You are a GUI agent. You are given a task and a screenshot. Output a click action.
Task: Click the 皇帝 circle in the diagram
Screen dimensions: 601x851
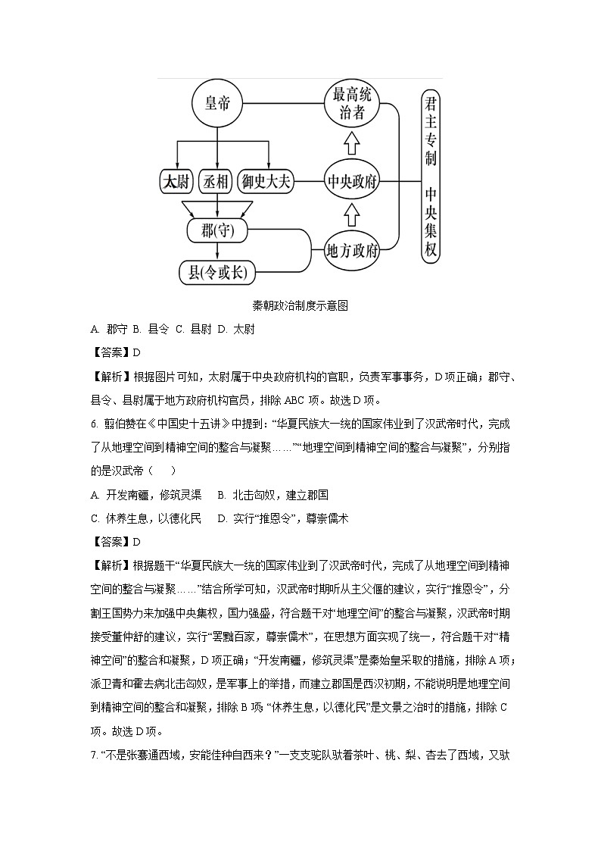(x=217, y=105)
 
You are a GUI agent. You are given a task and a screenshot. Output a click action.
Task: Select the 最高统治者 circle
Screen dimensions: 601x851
(x=351, y=105)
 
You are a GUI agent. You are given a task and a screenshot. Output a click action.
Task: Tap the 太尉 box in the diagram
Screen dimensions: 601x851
(x=177, y=182)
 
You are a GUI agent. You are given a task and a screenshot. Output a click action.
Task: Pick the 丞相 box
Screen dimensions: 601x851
(x=217, y=182)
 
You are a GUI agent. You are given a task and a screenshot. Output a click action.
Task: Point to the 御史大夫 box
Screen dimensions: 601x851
(x=265, y=182)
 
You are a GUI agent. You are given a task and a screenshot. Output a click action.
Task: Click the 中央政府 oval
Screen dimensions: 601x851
(x=351, y=182)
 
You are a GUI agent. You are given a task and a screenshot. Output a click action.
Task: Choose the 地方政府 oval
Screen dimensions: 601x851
(x=351, y=251)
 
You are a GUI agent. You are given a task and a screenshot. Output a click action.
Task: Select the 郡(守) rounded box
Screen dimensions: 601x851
(x=218, y=231)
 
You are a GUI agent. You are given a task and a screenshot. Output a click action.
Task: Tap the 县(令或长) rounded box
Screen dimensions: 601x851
(x=218, y=272)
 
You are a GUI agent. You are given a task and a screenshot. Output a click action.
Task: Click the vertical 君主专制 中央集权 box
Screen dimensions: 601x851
(x=431, y=176)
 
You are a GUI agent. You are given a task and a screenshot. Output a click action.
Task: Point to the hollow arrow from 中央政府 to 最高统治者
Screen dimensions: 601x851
(x=351, y=142)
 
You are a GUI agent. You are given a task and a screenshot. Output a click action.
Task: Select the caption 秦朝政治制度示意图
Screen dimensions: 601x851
(x=300, y=306)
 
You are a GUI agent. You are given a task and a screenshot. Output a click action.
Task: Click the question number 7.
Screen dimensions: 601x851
(x=93, y=756)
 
